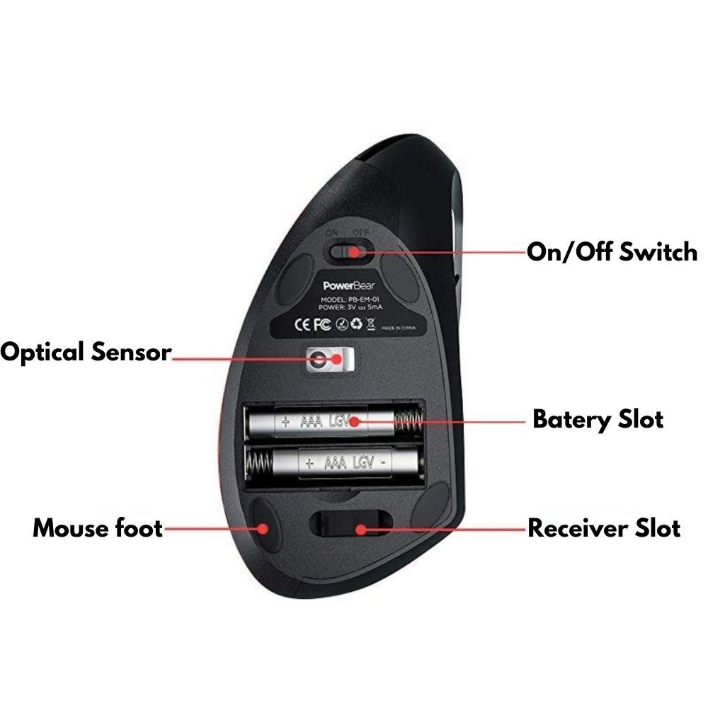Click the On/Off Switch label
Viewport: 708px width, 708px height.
(612, 252)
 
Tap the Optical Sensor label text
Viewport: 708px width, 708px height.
(86, 352)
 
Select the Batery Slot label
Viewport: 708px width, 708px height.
(598, 418)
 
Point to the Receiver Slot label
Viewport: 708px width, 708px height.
(604, 528)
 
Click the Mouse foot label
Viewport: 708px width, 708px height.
(98, 528)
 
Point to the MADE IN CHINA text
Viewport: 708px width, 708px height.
(398, 329)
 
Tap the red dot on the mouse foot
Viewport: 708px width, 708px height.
(263, 528)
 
